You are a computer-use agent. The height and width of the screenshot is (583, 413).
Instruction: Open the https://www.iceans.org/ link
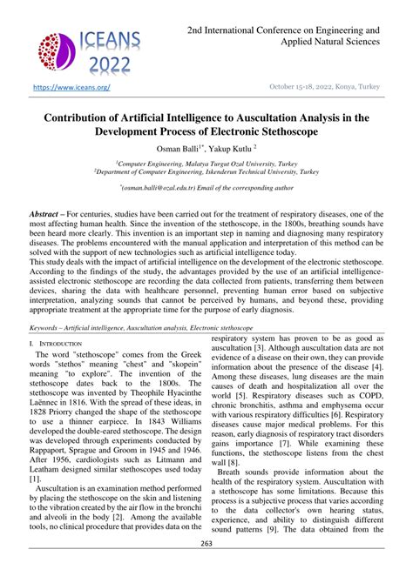click(71, 88)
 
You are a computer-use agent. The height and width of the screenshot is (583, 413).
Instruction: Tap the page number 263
click(206, 568)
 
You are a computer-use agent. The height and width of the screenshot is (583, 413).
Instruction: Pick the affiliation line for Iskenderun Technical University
click(206, 173)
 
